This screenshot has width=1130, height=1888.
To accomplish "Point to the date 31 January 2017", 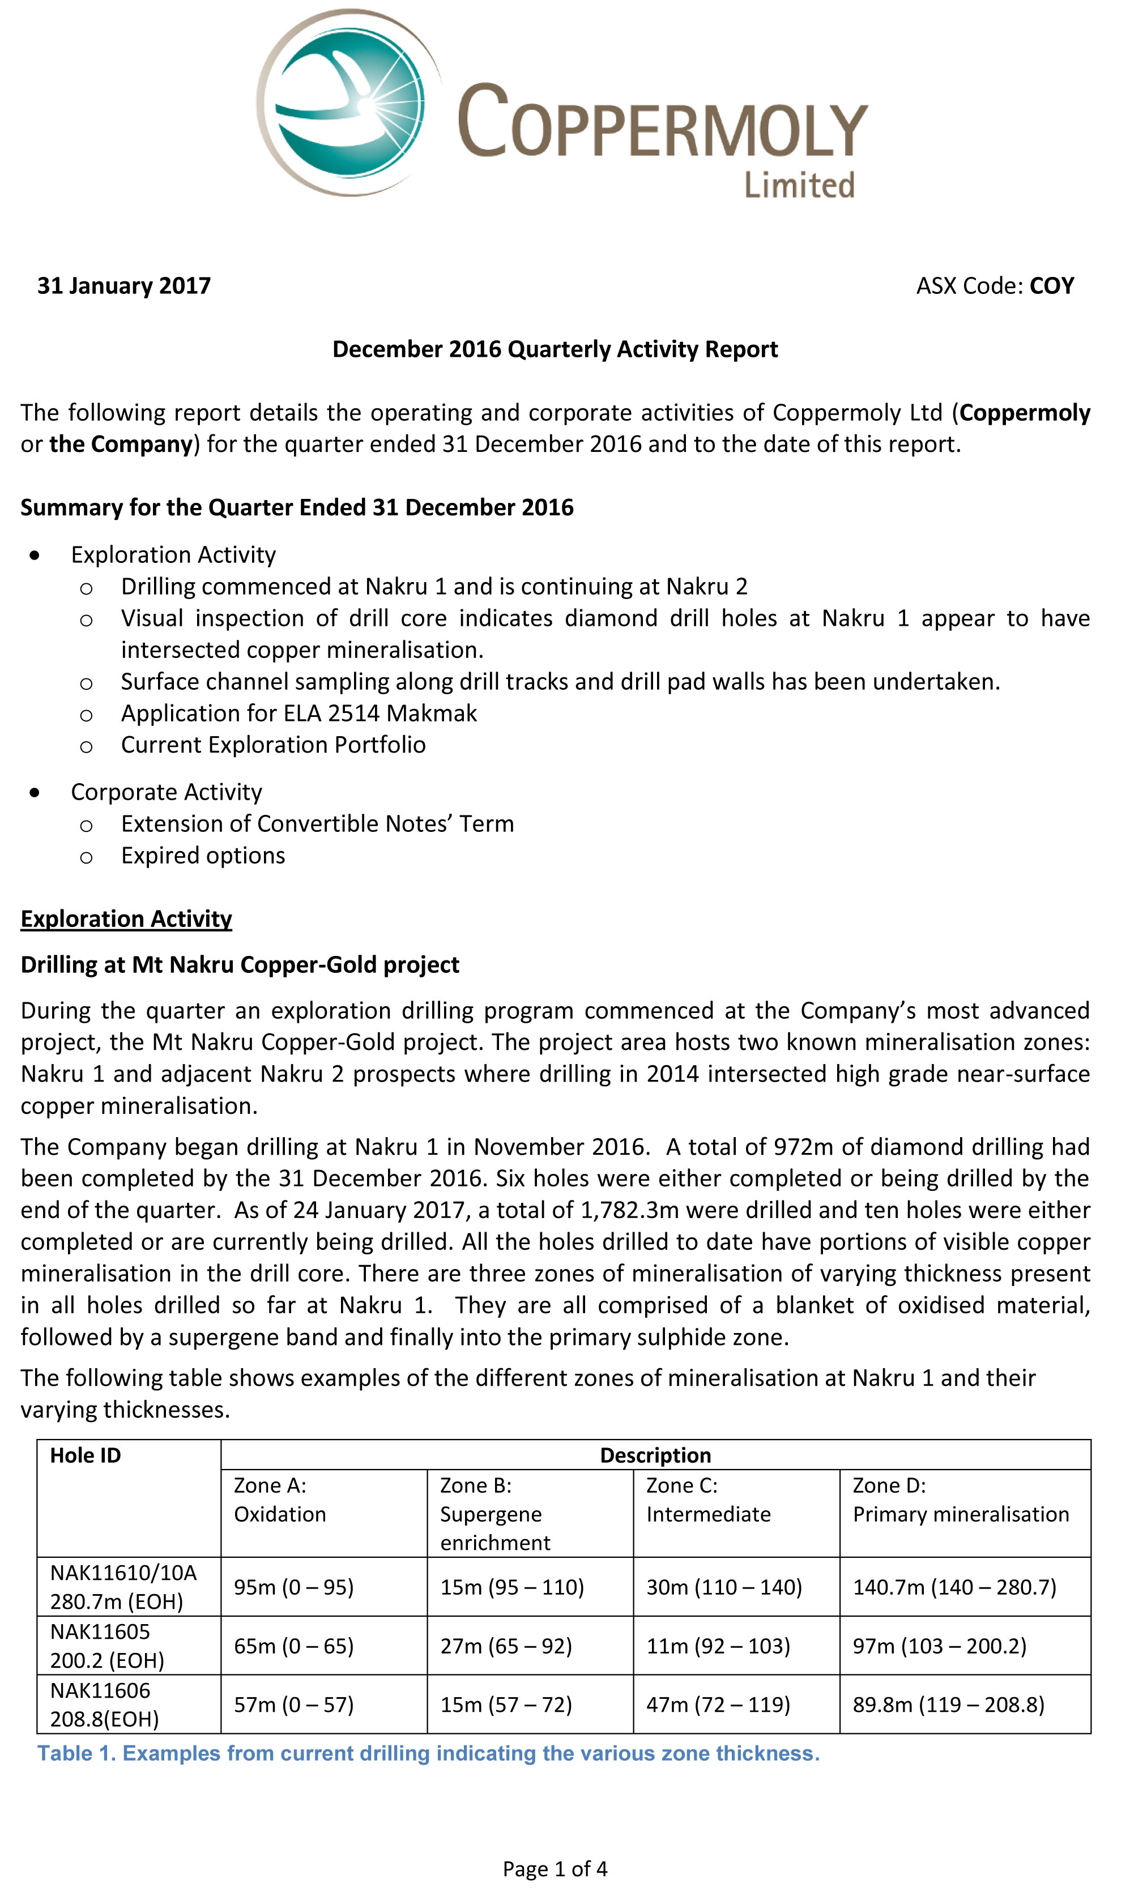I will click(x=124, y=285).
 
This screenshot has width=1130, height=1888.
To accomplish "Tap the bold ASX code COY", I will click(x=1052, y=285).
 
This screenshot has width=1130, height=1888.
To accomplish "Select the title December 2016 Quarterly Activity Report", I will click(x=555, y=349).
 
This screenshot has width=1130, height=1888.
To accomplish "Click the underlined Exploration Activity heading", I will click(x=126, y=919).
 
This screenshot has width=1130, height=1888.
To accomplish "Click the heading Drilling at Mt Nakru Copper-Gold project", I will click(x=240, y=964).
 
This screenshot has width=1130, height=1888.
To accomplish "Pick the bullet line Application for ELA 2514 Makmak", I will click(x=299, y=714).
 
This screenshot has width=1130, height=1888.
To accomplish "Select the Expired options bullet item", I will click(x=203, y=856).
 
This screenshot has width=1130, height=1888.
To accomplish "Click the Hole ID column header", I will click(x=86, y=1455).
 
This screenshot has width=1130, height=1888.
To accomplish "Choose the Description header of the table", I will click(x=655, y=1455).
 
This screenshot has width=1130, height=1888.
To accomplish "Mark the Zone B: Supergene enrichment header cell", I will click(x=495, y=1514).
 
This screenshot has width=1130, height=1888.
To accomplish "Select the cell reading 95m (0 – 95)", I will click(x=294, y=1587).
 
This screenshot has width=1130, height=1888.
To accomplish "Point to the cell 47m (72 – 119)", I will click(x=718, y=1705).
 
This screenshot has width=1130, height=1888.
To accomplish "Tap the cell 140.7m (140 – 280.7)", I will click(x=954, y=1587).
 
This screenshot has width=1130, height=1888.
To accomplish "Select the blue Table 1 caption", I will click(x=429, y=1753).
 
